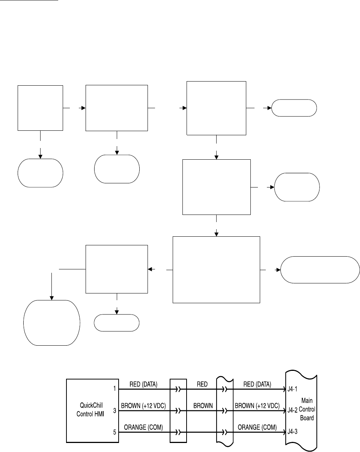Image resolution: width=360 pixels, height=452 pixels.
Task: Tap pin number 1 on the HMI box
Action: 114,389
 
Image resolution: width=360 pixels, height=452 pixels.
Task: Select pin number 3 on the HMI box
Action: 114,410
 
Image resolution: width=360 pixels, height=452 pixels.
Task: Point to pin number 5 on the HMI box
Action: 114,432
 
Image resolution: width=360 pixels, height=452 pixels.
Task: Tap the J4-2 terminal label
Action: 293,410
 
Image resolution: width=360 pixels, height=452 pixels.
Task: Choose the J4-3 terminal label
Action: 293,432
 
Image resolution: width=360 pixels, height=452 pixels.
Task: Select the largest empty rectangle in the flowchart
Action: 216,269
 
